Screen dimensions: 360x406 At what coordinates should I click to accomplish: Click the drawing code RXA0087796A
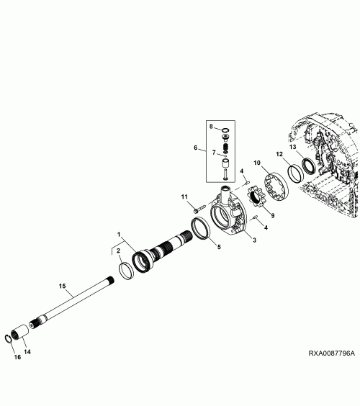pos(331,353)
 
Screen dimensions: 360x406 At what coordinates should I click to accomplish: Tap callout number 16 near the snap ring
pos(17,357)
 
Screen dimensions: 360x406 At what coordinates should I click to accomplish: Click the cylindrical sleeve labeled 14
pos(19,330)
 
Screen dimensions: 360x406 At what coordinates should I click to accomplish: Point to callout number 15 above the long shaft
pos(62,286)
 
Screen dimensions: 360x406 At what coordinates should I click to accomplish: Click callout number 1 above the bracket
pos(119,235)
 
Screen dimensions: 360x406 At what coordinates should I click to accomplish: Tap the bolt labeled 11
pos(199,209)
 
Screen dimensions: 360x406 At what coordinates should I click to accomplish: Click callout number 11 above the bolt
pos(184,197)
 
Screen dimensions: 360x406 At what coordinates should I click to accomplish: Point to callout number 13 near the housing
pos(292,147)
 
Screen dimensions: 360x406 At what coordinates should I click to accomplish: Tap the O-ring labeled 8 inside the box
pos(225,130)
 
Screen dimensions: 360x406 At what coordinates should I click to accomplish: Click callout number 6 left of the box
pos(196,148)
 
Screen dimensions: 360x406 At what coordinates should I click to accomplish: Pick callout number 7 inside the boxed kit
pos(214,153)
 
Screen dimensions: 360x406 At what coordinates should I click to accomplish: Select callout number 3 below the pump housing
pos(254,240)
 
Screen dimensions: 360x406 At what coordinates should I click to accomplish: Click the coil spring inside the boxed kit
pos(225,148)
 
